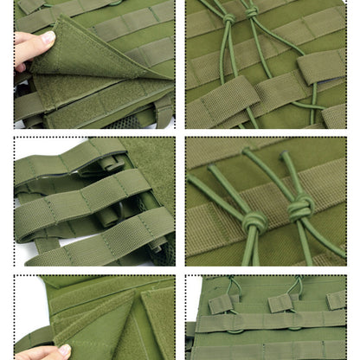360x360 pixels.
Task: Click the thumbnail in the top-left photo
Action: (48, 38)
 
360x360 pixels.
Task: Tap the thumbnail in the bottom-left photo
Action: (62, 350)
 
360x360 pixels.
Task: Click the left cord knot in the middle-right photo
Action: (254, 221)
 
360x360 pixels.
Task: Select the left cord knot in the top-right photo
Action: (228, 18)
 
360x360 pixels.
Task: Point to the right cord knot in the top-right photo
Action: (252, 12)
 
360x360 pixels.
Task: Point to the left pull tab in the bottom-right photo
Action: (221, 303)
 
